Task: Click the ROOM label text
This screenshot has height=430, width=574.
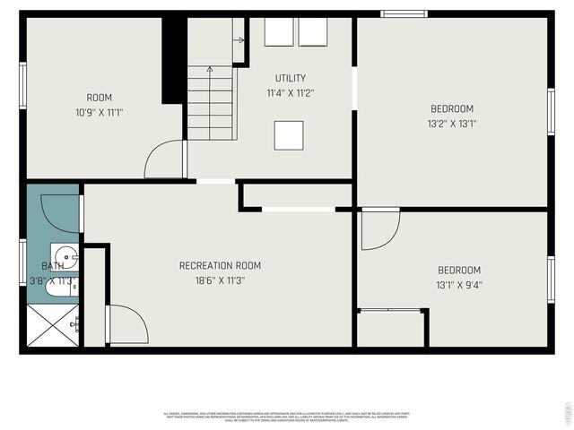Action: point(99,98)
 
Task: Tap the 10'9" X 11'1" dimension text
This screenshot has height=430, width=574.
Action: point(99,112)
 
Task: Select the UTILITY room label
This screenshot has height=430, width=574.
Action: point(291,78)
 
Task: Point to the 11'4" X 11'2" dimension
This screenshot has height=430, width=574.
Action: point(291,92)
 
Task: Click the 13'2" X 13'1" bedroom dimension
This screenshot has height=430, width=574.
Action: point(451,124)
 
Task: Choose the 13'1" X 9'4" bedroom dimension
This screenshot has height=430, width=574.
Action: point(458,286)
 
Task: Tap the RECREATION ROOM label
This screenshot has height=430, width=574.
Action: point(220,265)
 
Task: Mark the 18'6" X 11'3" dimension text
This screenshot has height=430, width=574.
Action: point(220,280)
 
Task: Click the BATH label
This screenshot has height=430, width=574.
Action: point(52,266)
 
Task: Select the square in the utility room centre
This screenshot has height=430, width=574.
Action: point(289,135)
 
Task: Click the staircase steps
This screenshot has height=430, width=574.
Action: point(212,103)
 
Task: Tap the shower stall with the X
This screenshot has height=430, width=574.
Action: point(53,326)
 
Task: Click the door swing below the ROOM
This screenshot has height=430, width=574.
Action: point(164,160)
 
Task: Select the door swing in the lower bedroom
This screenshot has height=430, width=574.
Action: point(379,229)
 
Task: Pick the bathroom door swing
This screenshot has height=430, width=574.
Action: point(60,213)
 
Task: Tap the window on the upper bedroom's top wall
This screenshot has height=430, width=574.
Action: point(404,13)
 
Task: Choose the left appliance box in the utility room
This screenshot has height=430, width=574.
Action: point(279,32)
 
